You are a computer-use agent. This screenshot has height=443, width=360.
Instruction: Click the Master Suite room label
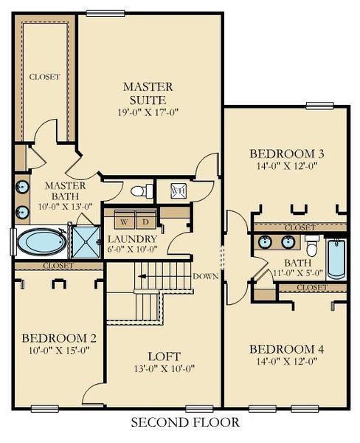(148, 93)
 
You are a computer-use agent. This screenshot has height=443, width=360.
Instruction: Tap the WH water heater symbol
(179, 190)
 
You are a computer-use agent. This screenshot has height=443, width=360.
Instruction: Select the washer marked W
(125, 219)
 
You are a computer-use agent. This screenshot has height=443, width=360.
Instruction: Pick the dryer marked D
(145, 219)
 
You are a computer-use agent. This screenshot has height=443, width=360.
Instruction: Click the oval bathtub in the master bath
(42, 242)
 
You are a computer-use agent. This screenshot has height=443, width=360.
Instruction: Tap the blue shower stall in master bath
(86, 242)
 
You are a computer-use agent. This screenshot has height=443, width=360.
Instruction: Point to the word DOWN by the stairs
(206, 276)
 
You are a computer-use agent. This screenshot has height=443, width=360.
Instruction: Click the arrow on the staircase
(142, 276)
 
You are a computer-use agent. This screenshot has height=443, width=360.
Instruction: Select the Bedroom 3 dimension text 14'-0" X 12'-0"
(287, 166)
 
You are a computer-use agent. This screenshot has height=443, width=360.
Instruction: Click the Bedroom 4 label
(286, 349)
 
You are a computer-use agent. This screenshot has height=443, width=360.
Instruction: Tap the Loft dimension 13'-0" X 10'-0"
(165, 368)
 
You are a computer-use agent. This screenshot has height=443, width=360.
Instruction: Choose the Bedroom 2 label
(59, 338)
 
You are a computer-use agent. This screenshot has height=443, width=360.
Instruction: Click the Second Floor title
(185, 422)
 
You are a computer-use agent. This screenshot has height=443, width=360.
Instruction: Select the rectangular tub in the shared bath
(336, 259)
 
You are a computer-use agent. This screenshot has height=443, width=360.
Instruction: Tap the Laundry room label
(132, 239)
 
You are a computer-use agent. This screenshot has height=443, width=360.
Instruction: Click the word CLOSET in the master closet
(44, 77)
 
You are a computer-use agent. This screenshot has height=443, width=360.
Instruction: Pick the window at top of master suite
(105, 13)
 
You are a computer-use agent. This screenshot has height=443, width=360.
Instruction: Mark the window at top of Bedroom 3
(319, 106)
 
